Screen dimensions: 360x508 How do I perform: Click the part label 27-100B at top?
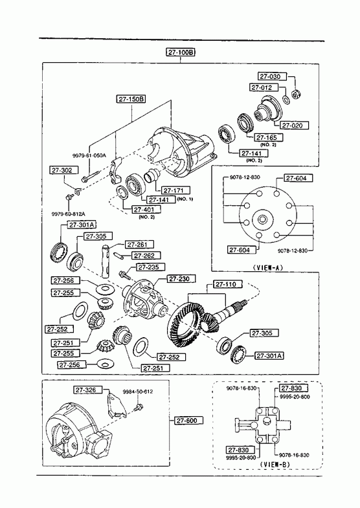[181, 52]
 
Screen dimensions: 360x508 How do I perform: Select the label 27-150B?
[131, 99]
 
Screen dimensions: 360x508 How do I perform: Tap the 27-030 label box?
[273, 76]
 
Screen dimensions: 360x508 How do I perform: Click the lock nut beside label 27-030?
[295, 94]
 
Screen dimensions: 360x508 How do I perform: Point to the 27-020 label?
[294, 125]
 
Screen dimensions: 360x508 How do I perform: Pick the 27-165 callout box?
[269, 137]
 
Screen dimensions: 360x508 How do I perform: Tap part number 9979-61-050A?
[89, 155]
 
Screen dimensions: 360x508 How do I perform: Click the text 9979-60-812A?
[69, 214]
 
